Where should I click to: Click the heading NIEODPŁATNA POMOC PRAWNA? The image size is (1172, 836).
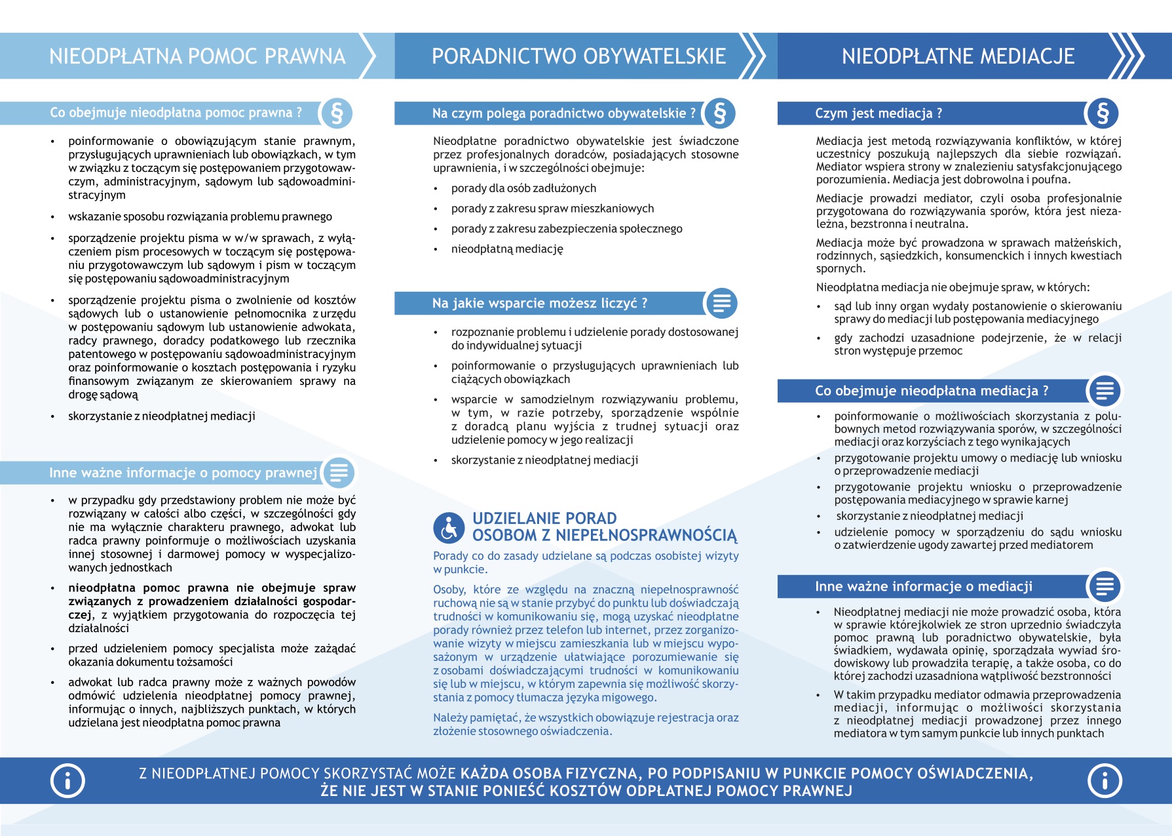point(197,56)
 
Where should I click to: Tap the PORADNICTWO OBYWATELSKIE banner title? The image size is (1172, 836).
point(578,56)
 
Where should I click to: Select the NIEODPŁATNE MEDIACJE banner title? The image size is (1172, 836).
point(958,56)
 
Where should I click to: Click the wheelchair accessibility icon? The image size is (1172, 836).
point(449,527)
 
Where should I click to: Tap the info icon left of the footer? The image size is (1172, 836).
point(67,780)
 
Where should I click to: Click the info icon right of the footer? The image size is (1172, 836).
point(1105,780)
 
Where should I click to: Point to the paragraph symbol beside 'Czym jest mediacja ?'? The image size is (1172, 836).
point(1102,113)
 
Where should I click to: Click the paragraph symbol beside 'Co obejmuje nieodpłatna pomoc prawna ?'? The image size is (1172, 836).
point(337,113)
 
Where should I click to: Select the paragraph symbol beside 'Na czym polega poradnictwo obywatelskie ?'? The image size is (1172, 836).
point(720,113)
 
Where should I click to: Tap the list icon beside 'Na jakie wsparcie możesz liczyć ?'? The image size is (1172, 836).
point(721,304)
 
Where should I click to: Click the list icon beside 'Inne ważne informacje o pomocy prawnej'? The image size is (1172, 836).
point(339,473)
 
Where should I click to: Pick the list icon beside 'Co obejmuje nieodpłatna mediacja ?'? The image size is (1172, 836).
point(1105,391)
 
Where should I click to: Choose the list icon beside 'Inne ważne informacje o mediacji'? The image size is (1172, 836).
point(1105,586)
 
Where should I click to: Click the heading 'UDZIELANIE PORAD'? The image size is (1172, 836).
point(544,519)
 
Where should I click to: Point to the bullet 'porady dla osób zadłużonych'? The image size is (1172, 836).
point(523,189)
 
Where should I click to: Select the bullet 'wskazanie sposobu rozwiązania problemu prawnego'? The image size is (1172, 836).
point(200,217)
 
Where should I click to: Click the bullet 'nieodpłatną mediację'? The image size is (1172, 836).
point(507,249)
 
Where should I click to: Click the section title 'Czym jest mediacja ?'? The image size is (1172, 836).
point(879,113)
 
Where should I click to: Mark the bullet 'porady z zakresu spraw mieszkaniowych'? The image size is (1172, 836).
point(552,209)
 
